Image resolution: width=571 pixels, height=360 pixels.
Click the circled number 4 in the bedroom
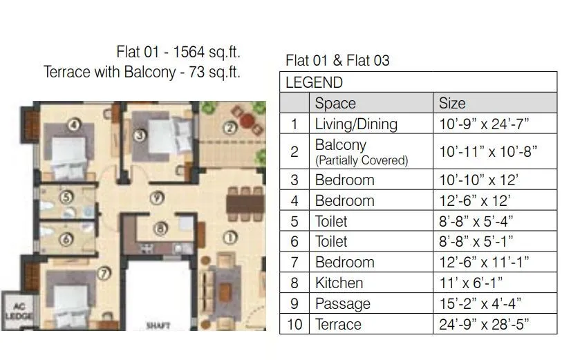pos(75,126)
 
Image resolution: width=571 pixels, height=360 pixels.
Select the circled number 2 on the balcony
pos(229,127)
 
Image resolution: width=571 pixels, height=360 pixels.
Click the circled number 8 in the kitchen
pos(160,227)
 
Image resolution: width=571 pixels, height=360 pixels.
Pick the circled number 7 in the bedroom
pos(104,273)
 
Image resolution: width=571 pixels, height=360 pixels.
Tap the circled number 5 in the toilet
pos(66,197)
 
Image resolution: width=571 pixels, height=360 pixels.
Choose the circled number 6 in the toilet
pos(66,240)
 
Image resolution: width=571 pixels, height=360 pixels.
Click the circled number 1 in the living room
pos(230,238)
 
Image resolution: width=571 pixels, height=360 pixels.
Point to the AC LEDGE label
pos(15,312)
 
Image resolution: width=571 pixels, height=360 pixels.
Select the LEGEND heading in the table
pos(314,83)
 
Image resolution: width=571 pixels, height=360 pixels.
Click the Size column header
pos(452,104)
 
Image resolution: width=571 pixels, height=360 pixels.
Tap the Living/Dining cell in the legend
pos(356,124)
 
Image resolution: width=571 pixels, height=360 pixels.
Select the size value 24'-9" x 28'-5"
pos(488,324)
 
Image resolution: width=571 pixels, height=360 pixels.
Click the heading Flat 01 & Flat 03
pos(337,61)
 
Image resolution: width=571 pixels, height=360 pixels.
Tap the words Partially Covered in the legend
pos(362,160)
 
